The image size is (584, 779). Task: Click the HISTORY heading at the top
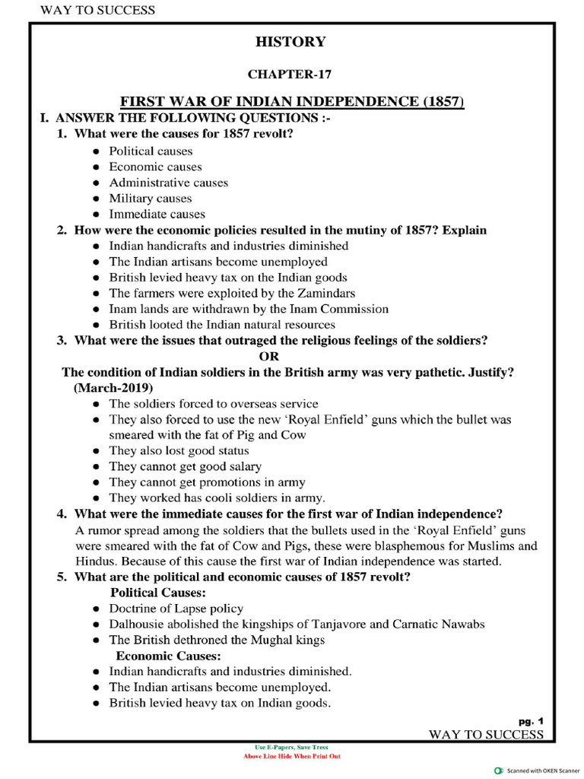290,43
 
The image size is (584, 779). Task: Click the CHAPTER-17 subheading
290,74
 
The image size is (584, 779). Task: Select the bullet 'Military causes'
151,199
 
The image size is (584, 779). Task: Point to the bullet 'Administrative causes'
168,183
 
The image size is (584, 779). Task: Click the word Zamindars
325,293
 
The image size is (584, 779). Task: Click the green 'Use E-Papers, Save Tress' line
291,748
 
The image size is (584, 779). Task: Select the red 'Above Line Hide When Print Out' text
291,757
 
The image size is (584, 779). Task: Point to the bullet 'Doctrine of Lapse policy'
176,608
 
